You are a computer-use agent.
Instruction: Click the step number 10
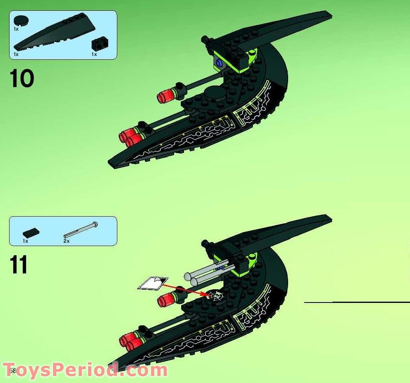click(x=22, y=79)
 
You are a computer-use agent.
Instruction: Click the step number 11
click(x=19, y=265)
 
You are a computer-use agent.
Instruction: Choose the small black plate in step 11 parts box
click(x=31, y=232)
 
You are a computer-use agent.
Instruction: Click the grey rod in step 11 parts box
click(x=81, y=230)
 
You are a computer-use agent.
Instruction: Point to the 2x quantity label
click(x=66, y=241)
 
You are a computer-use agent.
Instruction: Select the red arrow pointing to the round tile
click(x=184, y=289)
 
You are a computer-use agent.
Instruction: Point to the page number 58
click(x=11, y=371)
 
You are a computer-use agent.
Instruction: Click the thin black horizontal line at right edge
click(x=357, y=302)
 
